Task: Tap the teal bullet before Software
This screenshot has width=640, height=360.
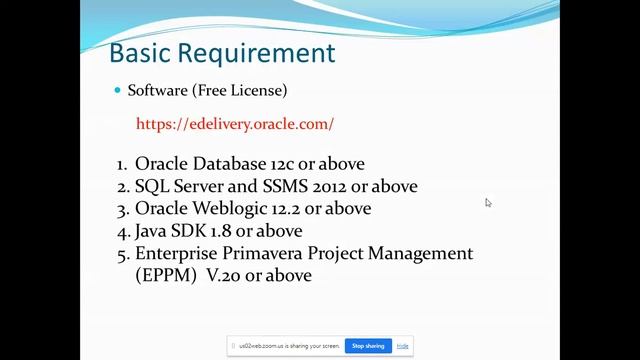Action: coord(117,90)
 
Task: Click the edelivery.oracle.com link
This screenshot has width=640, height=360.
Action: coord(235,124)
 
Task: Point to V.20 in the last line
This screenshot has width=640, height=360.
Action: coord(226,275)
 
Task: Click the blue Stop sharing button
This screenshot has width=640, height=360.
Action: coord(368,346)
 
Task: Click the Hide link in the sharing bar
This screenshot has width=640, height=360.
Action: coord(402,346)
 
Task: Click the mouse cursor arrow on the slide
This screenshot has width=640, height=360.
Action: coord(488,202)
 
